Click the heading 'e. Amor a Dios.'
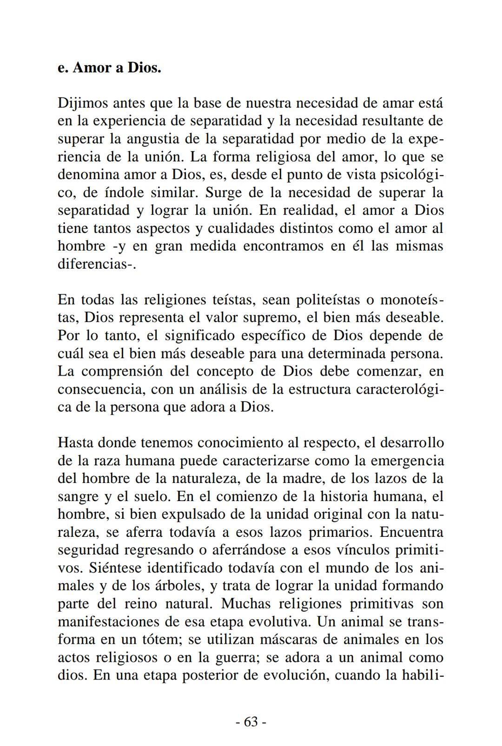[x=109, y=68]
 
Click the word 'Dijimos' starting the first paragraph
[x=83, y=103]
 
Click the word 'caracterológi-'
[x=400, y=390]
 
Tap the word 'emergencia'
[x=406, y=461]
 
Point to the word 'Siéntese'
[x=116, y=568]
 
